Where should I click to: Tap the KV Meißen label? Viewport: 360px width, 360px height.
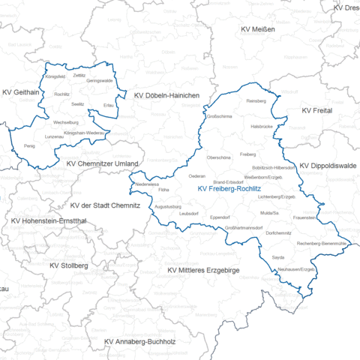tap(258, 29)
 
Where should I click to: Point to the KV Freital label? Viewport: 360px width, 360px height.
tap(316, 110)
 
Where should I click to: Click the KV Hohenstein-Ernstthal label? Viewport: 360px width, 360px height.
tap(49, 221)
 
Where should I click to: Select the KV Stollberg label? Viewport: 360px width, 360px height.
tap(69, 265)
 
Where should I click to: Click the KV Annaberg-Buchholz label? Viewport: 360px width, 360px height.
tap(139, 342)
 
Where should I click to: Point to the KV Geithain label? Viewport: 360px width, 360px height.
tap(21, 92)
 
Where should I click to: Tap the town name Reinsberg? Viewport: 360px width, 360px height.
tap(256, 100)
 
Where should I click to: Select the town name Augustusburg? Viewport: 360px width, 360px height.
tap(169, 205)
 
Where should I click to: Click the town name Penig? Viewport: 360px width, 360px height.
tap(29, 145)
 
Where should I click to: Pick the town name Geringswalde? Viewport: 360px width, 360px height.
tap(100, 80)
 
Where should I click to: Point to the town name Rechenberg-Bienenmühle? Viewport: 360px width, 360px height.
tap(321, 244)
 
